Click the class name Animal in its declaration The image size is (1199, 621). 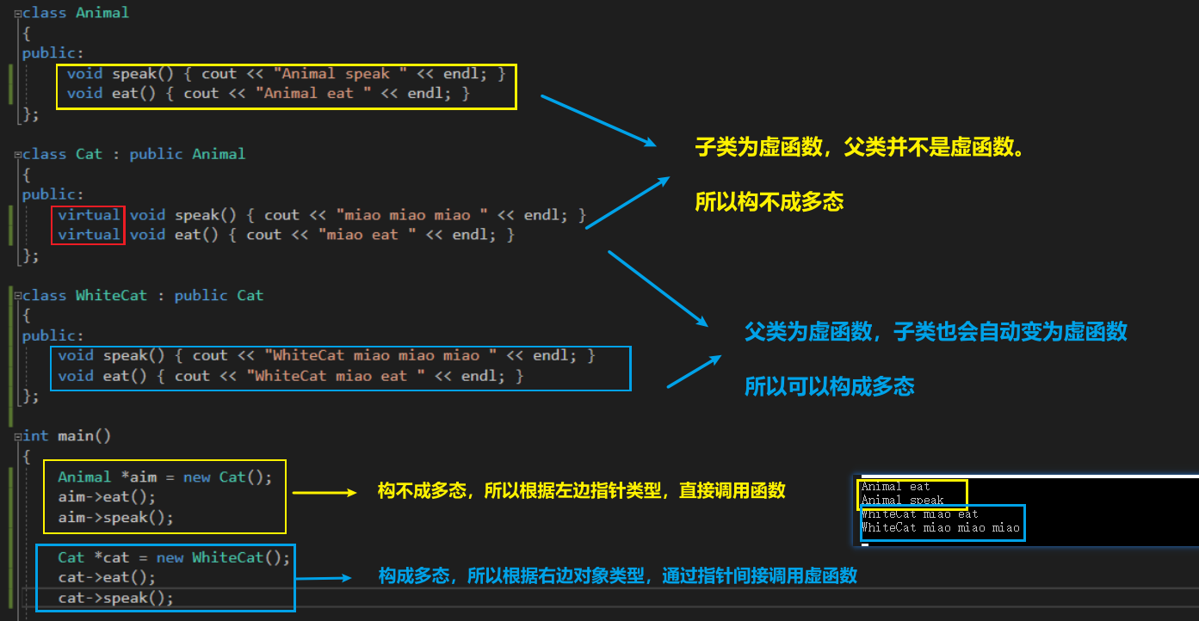pos(102,13)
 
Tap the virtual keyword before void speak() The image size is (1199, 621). pos(89,215)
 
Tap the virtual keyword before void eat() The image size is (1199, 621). pos(89,235)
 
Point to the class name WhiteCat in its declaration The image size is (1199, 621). pos(111,296)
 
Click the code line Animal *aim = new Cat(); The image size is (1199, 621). pos(164,477)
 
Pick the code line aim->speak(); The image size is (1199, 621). pos(115,518)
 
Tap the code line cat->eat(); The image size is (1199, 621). pos(107,578)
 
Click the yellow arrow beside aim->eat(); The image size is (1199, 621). pos(324,493)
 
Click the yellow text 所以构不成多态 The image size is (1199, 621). pos(769,202)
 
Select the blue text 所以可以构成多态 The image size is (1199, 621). pos(829,387)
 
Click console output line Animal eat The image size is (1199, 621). pos(895,487)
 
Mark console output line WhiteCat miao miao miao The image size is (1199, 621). pos(940,528)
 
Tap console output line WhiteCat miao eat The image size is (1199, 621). pos(919,514)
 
